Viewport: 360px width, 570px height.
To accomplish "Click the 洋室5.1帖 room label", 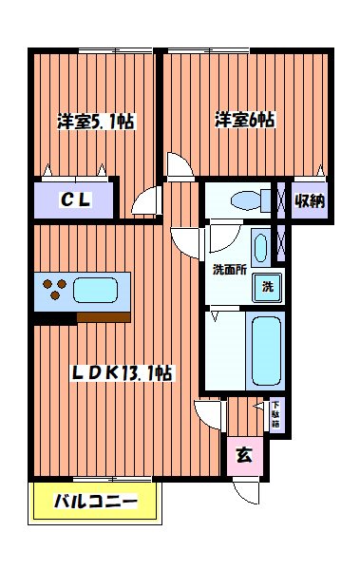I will click(94, 121).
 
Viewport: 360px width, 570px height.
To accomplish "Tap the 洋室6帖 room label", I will click(246, 120).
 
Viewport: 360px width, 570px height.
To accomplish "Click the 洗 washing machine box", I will click(267, 287).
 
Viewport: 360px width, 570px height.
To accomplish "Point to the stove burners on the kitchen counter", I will click(52, 289).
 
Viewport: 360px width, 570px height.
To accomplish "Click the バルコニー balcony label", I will click(94, 501).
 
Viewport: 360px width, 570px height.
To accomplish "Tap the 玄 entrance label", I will click(244, 454).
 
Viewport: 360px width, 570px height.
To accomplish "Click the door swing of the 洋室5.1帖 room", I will click(145, 201).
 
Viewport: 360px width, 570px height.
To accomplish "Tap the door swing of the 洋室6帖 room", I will click(179, 165).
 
